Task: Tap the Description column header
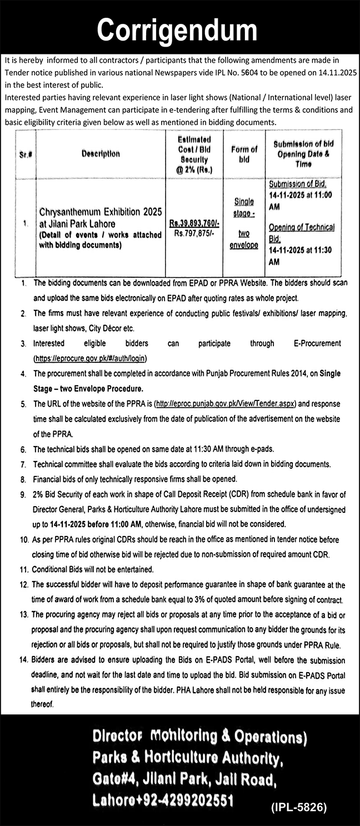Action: (x=102, y=154)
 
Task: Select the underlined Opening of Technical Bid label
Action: (x=302, y=232)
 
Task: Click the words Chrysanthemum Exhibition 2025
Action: (x=100, y=212)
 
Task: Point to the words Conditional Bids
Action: (x=57, y=569)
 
